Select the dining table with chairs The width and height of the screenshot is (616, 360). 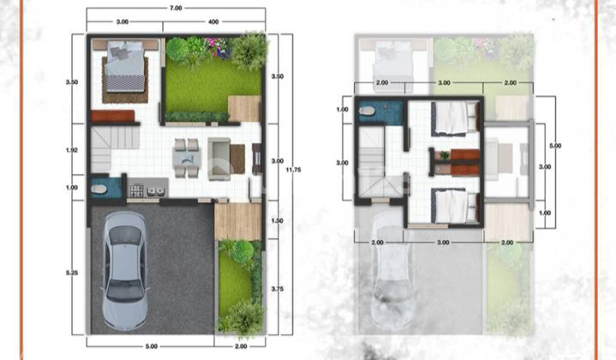[184, 157]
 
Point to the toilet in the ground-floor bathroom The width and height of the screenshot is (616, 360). [99, 188]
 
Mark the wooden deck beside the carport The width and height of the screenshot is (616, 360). [237, 221]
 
